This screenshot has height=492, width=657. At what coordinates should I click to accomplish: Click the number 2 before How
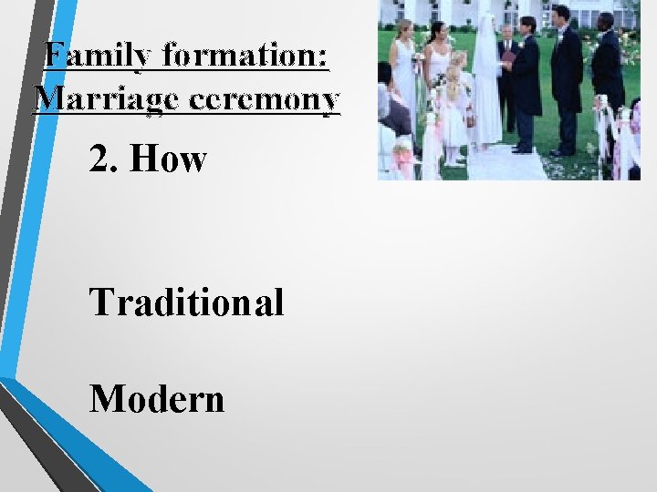tap(99, 159)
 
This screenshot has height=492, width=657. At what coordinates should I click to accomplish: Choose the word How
tap(169, 159)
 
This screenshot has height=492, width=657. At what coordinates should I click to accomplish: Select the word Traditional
tap(186, 302)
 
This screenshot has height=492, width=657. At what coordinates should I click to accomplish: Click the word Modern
tap(157, 398)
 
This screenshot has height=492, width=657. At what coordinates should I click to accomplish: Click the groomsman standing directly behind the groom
tap(566, 73)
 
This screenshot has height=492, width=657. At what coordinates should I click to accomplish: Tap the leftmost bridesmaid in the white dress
tap(405, 77)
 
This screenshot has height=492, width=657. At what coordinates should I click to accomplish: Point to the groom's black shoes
tap(522, 148)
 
